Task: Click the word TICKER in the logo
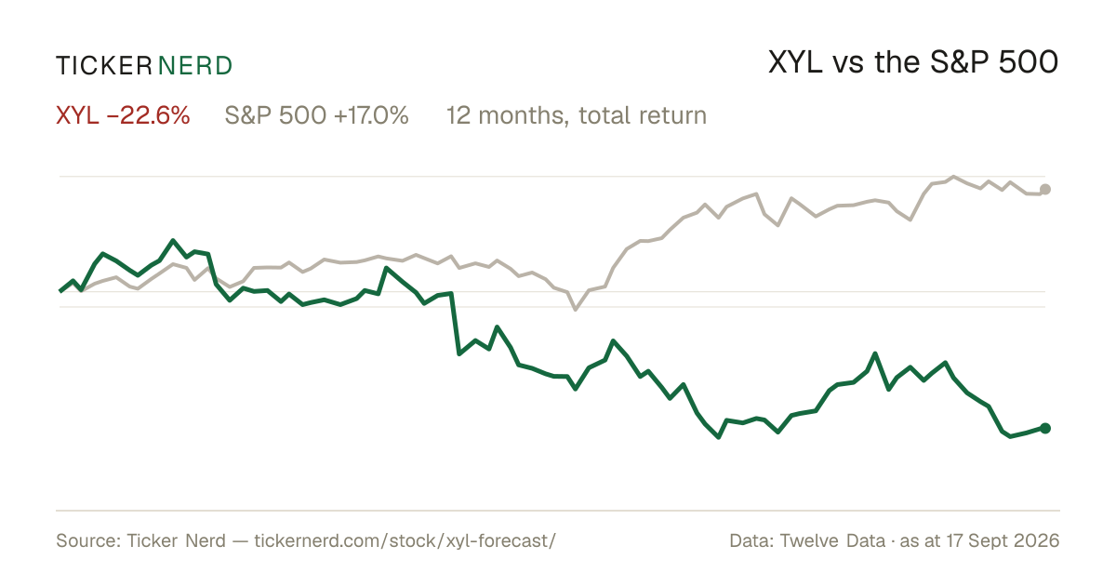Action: tap(103, 66)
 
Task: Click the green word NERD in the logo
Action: tap(194, 66)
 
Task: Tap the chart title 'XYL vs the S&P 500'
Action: tap(912, 62)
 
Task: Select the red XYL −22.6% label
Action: tap(123, 115)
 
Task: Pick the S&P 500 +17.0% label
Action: tap(316, 115)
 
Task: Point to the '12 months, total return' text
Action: tap(576, 116)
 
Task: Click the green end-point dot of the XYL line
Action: tap(1045, 428)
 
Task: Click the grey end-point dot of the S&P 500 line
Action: tap(1045, 190)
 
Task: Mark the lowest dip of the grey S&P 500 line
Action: tap(576, 310)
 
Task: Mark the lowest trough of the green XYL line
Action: tap(718, 437)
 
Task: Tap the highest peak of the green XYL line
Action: tap(173, 240)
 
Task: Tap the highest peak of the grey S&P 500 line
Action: tap(953, 177)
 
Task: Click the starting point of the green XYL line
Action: tap(60, 291)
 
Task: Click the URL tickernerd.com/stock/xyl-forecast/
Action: tap(405, 540)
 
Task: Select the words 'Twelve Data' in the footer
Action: tap(832, 540)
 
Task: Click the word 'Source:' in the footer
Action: tap(88, 540)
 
